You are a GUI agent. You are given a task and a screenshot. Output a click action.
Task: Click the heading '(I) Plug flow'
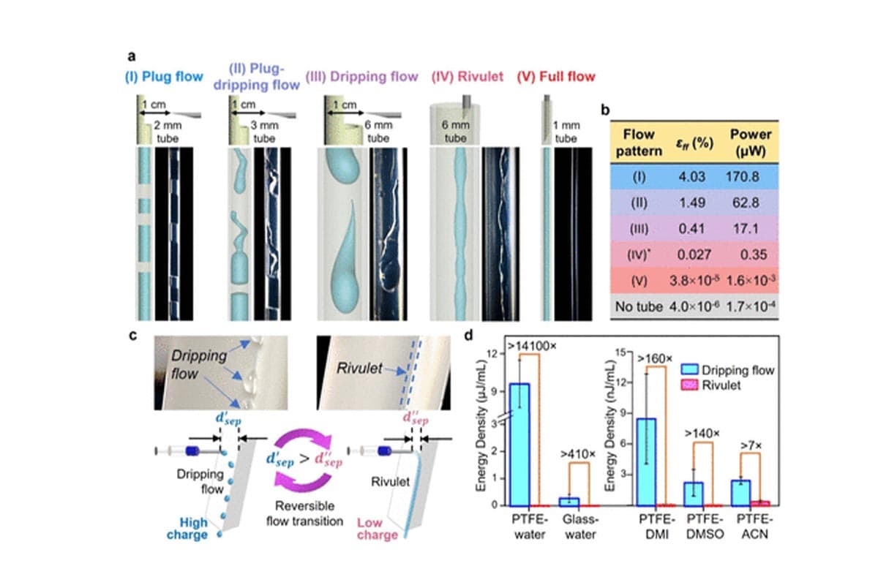tap(164, 77)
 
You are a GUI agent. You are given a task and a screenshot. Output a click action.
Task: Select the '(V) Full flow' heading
tap(555, 77)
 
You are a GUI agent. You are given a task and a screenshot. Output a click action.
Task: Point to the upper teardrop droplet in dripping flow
tap(342, 167)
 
